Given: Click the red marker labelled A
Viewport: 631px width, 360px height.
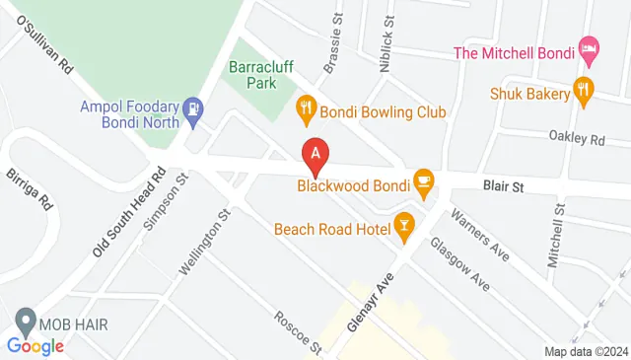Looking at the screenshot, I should tap(315, 154).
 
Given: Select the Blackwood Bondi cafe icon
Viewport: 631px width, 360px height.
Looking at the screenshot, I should tap(423, 180).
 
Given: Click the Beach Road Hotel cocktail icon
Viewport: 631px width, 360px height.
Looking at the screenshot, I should tap(403, 225).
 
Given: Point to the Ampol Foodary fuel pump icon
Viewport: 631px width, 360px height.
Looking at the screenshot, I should tap(194, 108).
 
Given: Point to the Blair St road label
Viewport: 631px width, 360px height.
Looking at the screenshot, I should tap(503, 184).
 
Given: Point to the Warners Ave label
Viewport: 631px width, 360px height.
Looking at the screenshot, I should tap(479, 235).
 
